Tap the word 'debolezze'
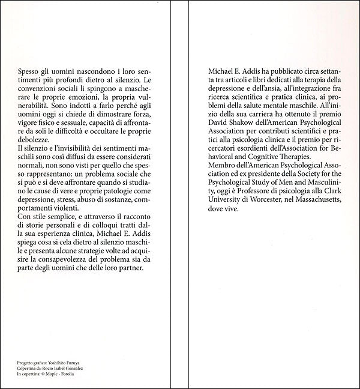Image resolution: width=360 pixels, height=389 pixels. click(35, 137)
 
